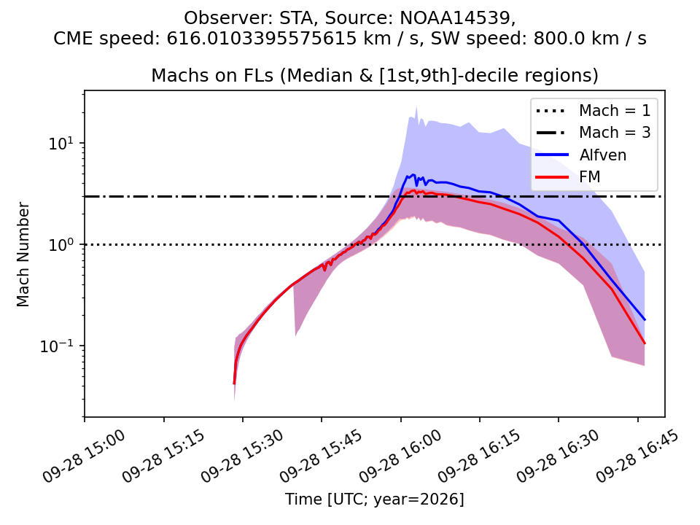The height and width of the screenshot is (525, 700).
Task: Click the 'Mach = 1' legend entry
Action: click(x=593, y=110)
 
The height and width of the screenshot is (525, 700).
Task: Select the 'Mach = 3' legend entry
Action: click(x=593, y=133)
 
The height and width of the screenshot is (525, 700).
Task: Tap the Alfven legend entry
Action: click(x=581, y=155)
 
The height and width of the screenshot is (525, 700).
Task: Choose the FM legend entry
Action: click(x=568, y=176)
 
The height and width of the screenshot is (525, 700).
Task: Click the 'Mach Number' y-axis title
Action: click(x=23, y=254)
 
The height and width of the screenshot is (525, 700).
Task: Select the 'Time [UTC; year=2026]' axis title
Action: click(x=375, y=499)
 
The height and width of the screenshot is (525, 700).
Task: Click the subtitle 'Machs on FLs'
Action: click(x=212, y=75)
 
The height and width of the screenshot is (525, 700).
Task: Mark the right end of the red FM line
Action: click(x=645, y=343)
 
